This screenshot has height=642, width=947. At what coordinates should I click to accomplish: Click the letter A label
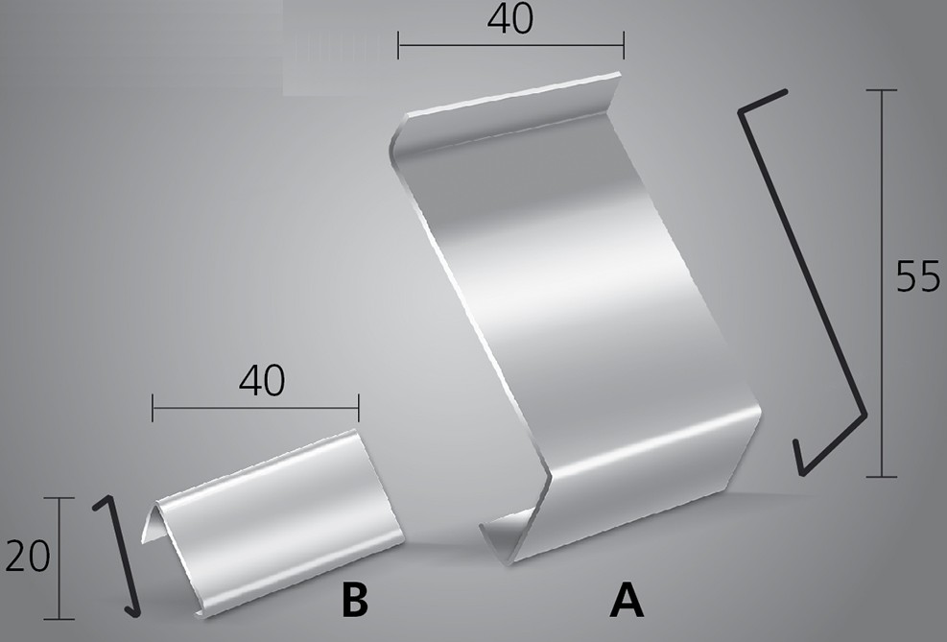pos(627,600)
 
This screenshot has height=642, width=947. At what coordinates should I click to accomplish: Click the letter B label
pos(354,600)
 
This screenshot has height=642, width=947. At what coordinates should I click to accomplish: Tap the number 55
pos(918,276)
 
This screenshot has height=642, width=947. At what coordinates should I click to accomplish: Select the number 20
pos(27,557)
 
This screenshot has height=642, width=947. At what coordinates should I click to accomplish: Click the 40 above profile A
pos(510,19)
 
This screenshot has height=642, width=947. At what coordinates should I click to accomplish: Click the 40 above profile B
pos(262,380)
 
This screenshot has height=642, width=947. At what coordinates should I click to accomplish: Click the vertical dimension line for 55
pos(882,283)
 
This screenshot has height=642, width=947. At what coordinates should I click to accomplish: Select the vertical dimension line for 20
pos(59,559)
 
